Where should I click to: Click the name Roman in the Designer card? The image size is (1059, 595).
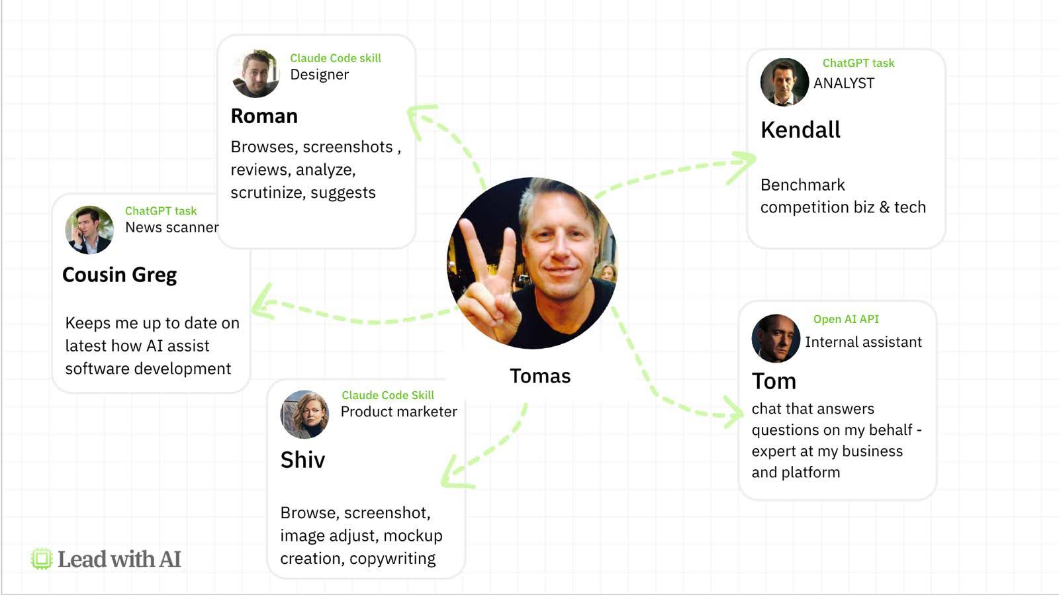pyautogui.click(x=264, y=116)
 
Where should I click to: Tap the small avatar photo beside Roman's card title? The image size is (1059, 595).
pyautogui.click(x=255, y=73)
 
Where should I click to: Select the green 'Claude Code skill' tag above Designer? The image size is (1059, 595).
pyautogui.click(x=336, y=58)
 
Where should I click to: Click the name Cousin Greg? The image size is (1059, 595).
pyautogui.click(x=120, y=275)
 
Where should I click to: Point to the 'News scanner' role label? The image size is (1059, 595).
pyautogui.click(x=171, y=228)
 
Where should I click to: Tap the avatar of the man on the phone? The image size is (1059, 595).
pyautogui.click(x=89, y=230)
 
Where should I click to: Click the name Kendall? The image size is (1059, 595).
pyautogui.click(x=800, y=130)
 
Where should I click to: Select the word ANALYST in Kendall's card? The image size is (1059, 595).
pyautogui.click(x=844, y=83)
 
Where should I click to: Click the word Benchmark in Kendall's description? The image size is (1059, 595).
pyautogui.click(x=802, y=185)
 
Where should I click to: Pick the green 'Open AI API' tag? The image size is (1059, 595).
pyautogui.click(x=846, y=319)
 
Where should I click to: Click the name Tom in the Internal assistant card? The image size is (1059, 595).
pyautogui.click(x=774, y=381)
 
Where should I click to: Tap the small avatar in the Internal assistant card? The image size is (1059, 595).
pyautogui.click(x=776, y=338)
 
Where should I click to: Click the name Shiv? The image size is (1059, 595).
pyautogui.click(x=302, y=460)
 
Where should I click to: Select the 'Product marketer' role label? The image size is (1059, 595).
pyautogui.click(x=398, y=412)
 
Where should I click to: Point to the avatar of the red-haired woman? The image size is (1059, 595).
pyautogui.click(x=304, y=414)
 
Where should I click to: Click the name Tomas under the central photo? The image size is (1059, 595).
pyautogui.click(x=540, y=376)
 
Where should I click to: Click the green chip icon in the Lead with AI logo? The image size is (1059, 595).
pyautogui.click(x=42, y=559)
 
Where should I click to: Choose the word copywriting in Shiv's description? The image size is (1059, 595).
pyautogui.click(x=392, y=559)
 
